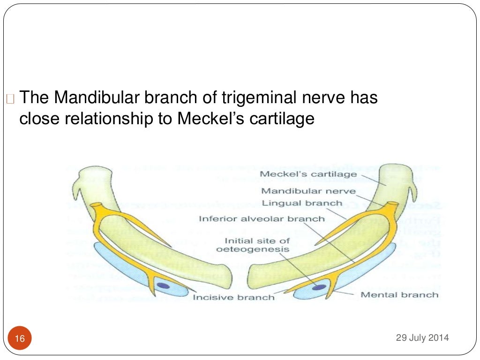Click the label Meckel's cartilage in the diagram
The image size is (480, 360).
point(308,175)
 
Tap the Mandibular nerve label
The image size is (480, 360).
point(308,191)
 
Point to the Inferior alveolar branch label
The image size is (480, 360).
point(261,218)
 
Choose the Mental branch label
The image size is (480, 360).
point(399,295)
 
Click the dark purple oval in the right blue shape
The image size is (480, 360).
point(320,287)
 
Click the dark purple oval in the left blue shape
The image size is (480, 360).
point(162,285)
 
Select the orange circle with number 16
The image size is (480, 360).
point(20,338)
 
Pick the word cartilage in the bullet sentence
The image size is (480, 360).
point(283,119)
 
